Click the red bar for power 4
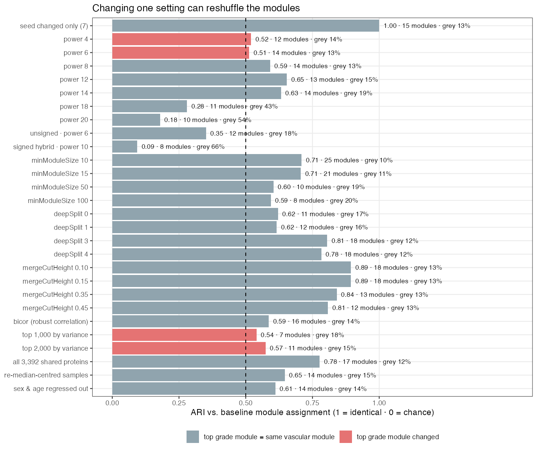pyautogui.click(x=181, y=39)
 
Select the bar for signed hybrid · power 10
pyautogui.click(x=124, y=147)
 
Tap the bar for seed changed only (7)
pyautogui.click(x=246, y=26)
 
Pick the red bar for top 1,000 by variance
pyautogui.click(x=184, y=335)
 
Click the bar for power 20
pyautogui.click(x=136, y=120)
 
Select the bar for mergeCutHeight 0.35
pyautogui.click(x=225, y=295)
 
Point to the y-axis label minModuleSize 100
pyautogui.click(x=58, y=200)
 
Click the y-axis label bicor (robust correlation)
pyautogui.click(x=50, y=321)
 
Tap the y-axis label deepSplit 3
pyautogui.click(x=71, y=241)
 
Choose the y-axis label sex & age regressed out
pyautogui.click(x=51, y=389)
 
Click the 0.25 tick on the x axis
pyautogui.click(x=179, y=403)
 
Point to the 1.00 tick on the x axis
pyautogui.click(x=379, y=403)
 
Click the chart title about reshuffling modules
pyautogui.click(x=196, y=8)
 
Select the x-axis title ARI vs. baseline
pyautogui.click(x=312, y=412)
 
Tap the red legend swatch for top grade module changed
pyautogui.click(x=346, y=437)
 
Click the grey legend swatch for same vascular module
pyautogui.click(x=193, y=437)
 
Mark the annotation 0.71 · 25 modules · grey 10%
pyautogui.click(x=349, y=160)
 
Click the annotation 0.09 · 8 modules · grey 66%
pyautogui.click(x=183, y=147)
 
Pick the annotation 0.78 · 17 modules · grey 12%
pyautogui.click(x=367, y=362)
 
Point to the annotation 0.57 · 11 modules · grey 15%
pyautogui.click(x=313, y=348)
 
